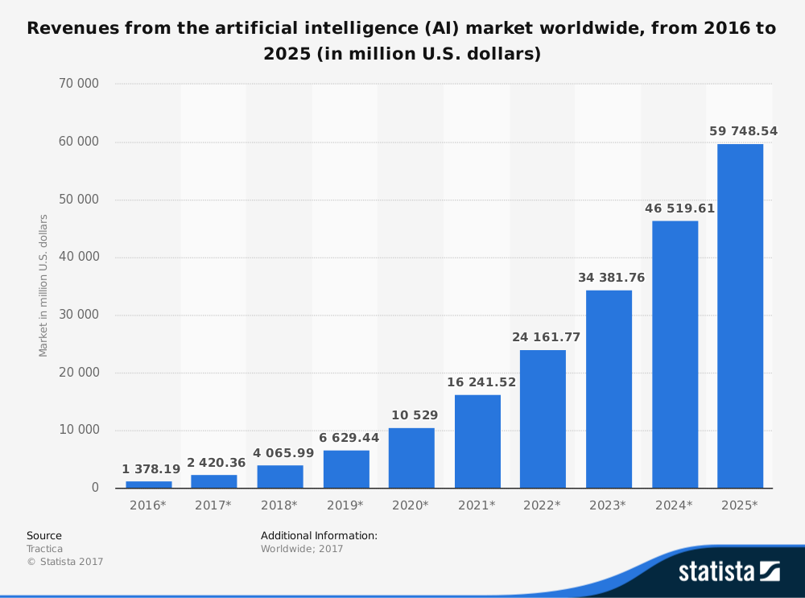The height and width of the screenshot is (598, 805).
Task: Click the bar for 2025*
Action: (740, 315)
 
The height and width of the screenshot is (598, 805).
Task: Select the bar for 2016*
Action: (149, 484)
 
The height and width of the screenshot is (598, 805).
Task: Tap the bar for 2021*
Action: (477, 441)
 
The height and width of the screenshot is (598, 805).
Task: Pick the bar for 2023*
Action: (609, 389)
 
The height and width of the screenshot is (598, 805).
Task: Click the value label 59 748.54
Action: (743, 131)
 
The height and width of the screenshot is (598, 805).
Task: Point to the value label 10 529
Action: (414, 415)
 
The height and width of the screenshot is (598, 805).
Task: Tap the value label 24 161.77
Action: (546, 337)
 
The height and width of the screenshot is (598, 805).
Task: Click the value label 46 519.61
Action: (679, 208)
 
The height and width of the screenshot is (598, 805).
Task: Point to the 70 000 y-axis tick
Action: (77, 84)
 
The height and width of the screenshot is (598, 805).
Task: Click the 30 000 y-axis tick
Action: (77, 315)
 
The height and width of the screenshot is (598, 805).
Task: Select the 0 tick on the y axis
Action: (95, 488)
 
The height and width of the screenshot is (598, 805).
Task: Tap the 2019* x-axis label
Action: (345, 505)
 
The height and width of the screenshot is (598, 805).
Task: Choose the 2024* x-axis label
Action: (674, 505)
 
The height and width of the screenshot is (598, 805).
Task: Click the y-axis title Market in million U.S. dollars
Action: (43, 286)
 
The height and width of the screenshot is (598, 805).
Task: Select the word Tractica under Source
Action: (44, 549)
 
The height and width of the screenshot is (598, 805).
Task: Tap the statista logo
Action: (729, 571)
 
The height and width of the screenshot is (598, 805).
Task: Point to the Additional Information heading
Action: (319, 535)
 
